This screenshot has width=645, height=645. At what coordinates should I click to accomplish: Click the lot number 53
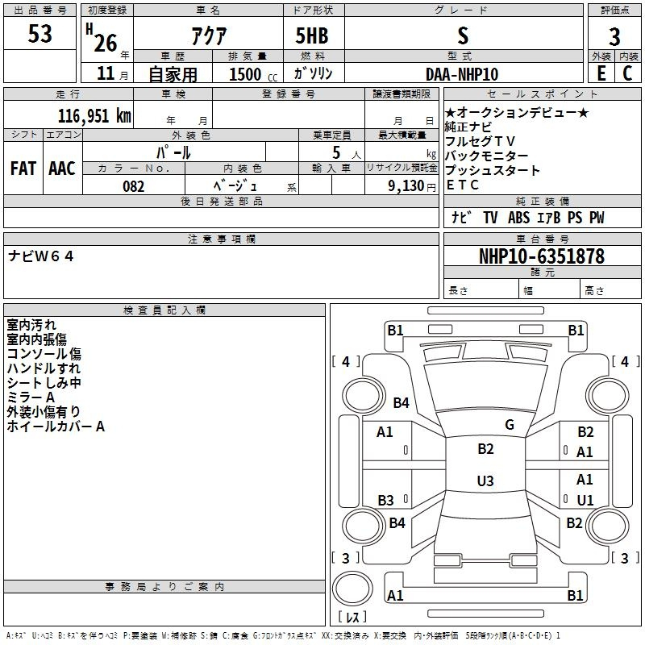tap(40, 35)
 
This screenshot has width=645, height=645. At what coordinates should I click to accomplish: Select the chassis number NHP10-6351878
tap(541, 256)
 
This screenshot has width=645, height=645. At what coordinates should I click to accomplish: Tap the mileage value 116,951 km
tap(94, 116)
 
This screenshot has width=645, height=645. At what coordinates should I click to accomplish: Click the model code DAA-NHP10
tap(462, 74)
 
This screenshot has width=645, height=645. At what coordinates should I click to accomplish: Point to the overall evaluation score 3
tap(614, 36)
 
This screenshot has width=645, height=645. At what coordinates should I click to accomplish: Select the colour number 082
tap(133, 186)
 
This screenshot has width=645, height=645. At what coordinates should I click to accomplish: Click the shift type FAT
tap(23, 169)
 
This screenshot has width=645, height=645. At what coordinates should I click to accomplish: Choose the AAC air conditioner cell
tap(62, 169)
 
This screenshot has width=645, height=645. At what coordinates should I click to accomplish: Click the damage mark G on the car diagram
tap(509, 425)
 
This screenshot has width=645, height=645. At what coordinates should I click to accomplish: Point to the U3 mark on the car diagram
tap(485, 481)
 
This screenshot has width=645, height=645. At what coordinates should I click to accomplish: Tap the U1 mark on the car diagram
tap(585, 500)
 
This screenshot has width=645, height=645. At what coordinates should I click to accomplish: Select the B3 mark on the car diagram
tap(385, 500)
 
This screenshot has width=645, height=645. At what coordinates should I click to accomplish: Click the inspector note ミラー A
tap(31, 397)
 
